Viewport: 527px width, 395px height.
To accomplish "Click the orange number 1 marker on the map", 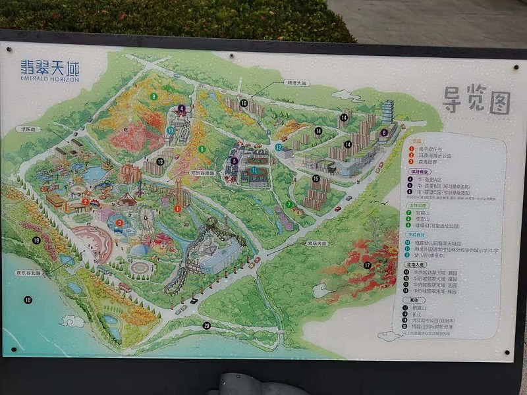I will pos(177,209).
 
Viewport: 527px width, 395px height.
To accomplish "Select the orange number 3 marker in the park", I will pos(119,223).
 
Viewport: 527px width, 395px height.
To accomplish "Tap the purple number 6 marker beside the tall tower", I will pos(384,132).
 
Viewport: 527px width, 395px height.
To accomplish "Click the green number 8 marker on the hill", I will pos(153,96).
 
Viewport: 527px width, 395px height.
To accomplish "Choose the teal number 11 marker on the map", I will pos(254,170).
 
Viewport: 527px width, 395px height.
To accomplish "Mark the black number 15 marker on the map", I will pos(316,178).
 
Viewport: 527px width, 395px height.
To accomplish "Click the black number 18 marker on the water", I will pos(28,300).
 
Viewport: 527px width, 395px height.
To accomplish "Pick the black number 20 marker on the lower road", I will pos(207,325).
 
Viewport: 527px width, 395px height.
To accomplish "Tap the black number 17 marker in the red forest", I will pos(367,265).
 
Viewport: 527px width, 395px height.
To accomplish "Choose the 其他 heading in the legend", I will pos(411,300).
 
